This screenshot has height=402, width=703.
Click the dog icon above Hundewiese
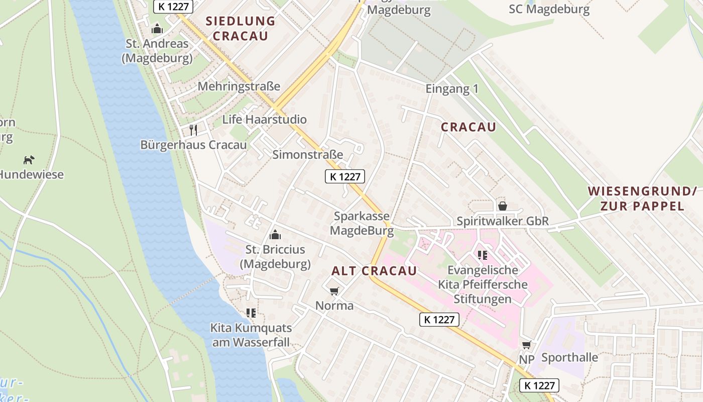[x=29, y=160]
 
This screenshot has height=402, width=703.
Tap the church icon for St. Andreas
[x=157, y=29]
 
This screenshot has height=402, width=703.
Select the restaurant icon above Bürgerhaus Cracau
[x=193, y=130]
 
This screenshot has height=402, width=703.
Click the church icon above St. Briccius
[x=275, y=235]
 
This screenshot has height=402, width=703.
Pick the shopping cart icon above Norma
[x=334, y=291]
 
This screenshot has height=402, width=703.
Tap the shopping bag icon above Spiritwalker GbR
[x=502, y=206]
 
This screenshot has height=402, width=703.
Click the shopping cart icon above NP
[x=526, y=345]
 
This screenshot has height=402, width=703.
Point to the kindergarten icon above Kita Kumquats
[x=251, y=313]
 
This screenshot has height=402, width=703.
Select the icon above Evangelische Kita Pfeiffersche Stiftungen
[x=483, y=255]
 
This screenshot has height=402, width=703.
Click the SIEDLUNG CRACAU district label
[x=241, y=29]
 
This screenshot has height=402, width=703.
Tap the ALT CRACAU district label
[x=374, y=271]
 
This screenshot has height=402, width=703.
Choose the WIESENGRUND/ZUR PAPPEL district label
[x=642, y=198]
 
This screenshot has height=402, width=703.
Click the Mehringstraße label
[x=239, y=86]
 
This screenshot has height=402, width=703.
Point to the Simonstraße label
[x=307, y=154]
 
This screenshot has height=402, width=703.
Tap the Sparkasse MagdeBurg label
[x=362, y=223]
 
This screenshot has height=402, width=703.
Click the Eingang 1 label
[x=452, y=89]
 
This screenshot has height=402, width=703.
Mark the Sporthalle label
[x=569, y=358]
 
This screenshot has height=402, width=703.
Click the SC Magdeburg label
[x=549, y=9]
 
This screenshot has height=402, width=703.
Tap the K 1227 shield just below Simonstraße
[x=344, y=176]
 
